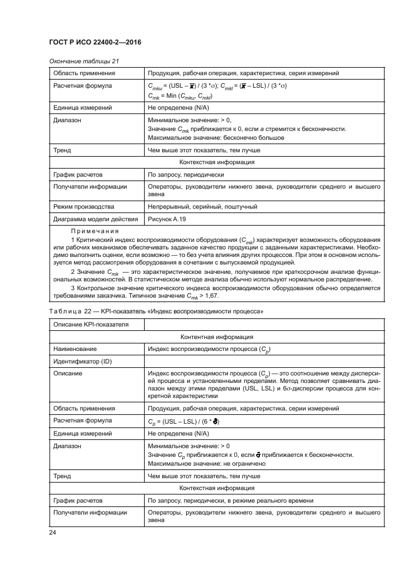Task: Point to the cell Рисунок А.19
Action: (x=167, y=219)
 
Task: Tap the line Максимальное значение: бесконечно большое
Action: (x=215, y=137)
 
